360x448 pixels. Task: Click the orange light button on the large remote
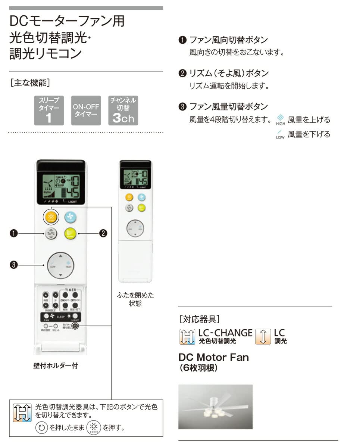[50, 217]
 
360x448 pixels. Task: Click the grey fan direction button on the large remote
[50, 234]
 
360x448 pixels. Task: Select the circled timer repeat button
[75, 326]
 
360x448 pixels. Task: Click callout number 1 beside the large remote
[14, 234]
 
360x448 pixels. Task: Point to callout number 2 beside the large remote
[103, 234]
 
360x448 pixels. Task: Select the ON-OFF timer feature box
[86, 110]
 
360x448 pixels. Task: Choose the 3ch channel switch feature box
[123, 110]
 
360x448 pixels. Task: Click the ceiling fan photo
[215, 407]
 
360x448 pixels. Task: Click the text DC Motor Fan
[213, 357]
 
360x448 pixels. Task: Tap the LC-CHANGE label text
[225, 333]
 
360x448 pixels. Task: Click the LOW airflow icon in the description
[280, 134]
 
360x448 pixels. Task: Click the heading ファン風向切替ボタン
[229, 40]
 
